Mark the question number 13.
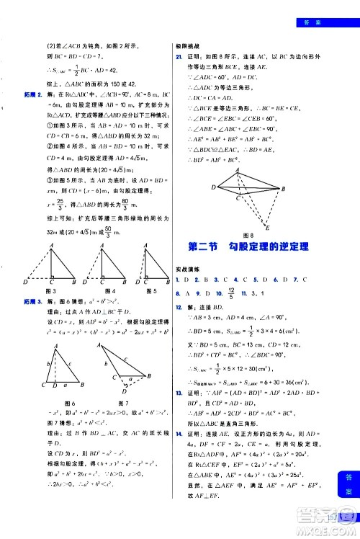pyautogui.click(x=180, y=413)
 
